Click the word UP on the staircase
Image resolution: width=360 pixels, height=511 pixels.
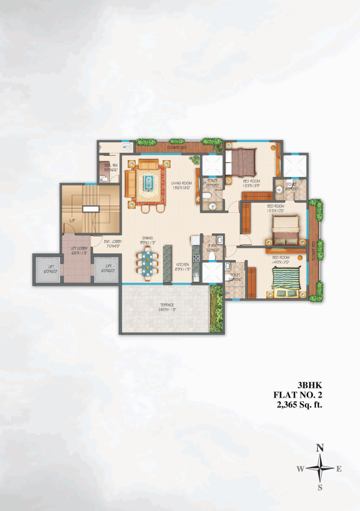(72, 220)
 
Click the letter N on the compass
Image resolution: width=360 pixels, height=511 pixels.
(320, 448)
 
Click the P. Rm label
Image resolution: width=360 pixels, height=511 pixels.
(212, 247)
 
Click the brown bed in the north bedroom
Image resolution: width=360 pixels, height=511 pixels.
(244, 161)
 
